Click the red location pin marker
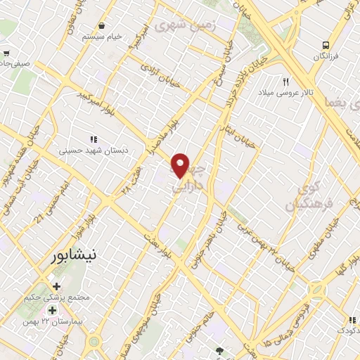click(181, 165)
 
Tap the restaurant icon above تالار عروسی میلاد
click(286, 80)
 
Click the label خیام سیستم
click(103, 37)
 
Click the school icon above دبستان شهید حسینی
click(94, 139)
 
